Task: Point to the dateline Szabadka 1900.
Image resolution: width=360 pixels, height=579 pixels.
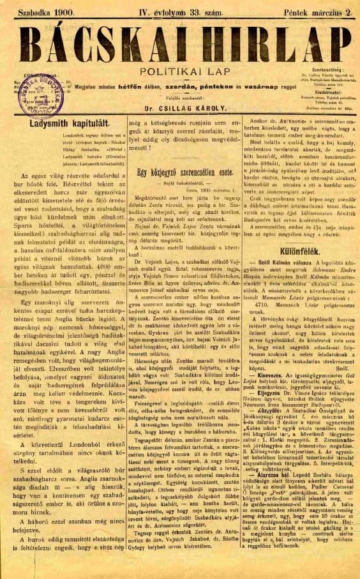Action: click(x=48, y=10)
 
